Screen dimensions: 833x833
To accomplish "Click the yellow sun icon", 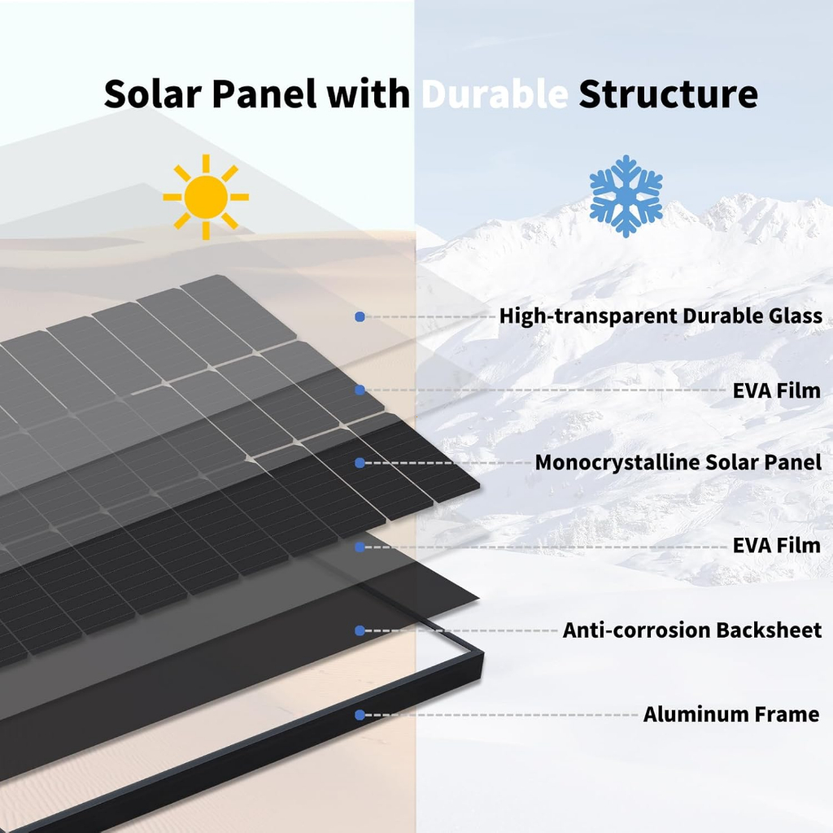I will click(206, 197).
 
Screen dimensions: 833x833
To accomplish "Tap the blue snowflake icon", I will click(626, 196).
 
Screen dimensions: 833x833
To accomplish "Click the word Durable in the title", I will click(495, 94).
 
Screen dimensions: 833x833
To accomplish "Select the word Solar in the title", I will click(152, 94).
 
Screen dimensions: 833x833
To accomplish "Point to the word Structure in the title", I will click(668, 94).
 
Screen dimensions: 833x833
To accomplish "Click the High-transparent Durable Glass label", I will click(661, 316).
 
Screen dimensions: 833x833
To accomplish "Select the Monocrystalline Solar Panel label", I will click(678, 462).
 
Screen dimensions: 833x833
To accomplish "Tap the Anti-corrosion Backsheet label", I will click(692, 630).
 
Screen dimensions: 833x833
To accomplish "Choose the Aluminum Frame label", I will click(731, 714).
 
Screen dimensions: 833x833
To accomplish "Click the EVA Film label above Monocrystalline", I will click(777, 390).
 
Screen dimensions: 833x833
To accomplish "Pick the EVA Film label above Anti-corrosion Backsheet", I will click(777, 545).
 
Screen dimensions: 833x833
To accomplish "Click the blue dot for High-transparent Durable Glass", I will click(360, 316).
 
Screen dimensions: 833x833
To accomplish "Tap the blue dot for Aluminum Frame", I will click(360, 715).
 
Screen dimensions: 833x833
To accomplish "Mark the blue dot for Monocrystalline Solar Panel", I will click(360, 463).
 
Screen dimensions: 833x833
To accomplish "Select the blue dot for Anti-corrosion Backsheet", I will click(360, 630).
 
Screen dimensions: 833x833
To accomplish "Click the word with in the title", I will click(369, 94).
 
